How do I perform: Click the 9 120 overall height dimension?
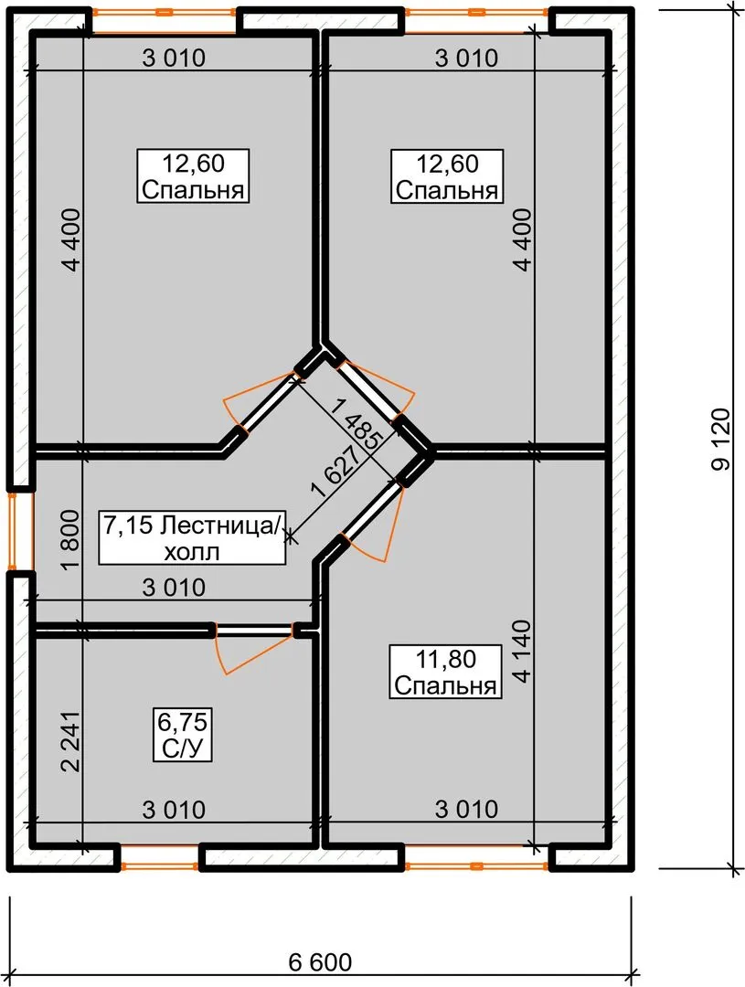tap(721, 440)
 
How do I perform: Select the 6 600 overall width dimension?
tap(321, 962)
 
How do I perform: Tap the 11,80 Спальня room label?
tap(446, 672)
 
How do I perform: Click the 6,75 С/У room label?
tap(183, 734)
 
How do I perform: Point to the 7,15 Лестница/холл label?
tap(192, 537)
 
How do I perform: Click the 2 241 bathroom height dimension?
tap(70, 741)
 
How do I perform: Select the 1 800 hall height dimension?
tap(70, 539)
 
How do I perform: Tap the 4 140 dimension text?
tap(522, 652)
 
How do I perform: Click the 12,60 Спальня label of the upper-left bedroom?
tap(194, 176)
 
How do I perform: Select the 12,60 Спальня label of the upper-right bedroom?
tap(447, 176)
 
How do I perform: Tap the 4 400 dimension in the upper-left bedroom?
tap(71, 239)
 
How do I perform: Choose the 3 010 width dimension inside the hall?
tap(174, 588)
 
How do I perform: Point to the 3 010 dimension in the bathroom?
tap(174, 809)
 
